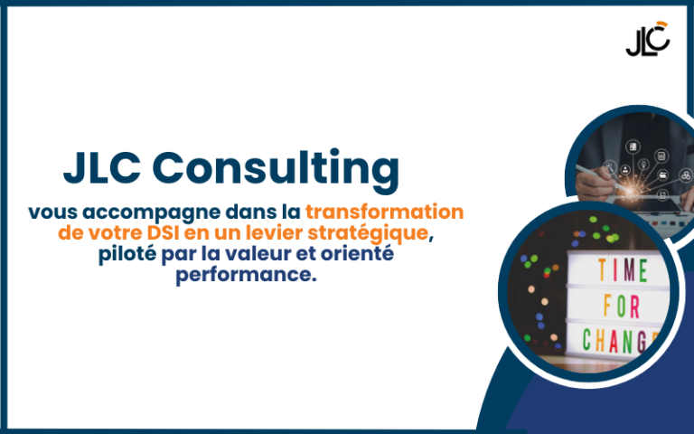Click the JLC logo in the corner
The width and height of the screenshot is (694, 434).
[648, 39]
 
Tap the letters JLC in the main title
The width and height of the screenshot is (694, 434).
[102, 168]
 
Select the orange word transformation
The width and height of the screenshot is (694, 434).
[385, 212]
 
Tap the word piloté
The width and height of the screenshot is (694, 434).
[127, 254]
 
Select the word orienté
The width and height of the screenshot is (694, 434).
[357, 254]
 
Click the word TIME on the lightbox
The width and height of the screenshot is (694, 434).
[624, 269]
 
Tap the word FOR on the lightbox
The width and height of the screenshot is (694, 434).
[622, 306]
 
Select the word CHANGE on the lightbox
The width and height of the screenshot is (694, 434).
[621, 341]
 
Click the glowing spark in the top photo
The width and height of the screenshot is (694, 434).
[632, 191]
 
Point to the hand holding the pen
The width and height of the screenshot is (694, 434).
[595, 183]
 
